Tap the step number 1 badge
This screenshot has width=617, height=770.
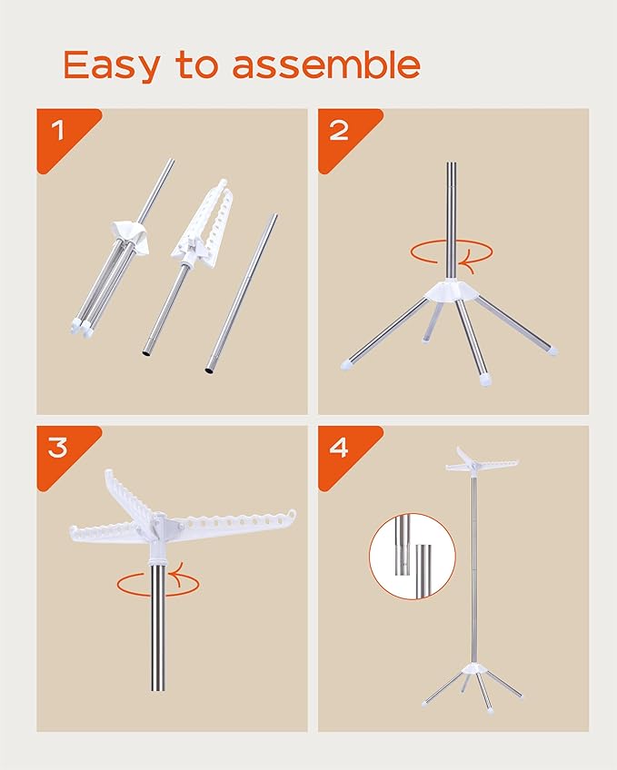click(59, 130)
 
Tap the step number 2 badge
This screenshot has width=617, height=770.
click(339, 130)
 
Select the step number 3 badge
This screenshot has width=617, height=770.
click(59, 447)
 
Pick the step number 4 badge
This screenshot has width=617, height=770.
click(339, 447)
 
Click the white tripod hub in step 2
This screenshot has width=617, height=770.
click(452, 291)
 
